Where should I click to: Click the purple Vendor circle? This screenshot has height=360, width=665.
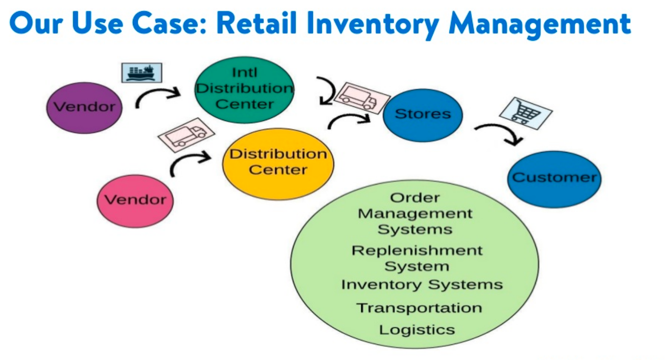[85, 107]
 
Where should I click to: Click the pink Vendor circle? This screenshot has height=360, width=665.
[135, 200]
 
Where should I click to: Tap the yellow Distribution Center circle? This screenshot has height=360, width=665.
[278, 163]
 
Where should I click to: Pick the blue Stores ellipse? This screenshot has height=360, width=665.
[423, 114]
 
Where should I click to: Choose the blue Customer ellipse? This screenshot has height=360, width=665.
[554, 178]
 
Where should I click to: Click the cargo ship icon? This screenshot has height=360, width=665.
[141, 72]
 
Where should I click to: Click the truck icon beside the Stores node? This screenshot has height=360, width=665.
[361, 97]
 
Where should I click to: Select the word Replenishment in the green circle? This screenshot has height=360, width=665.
[417, 250]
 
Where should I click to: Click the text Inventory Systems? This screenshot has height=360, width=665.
[422, 285]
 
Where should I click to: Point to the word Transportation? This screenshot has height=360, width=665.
[418, 308]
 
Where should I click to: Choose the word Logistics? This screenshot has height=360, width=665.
[417, 329]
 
